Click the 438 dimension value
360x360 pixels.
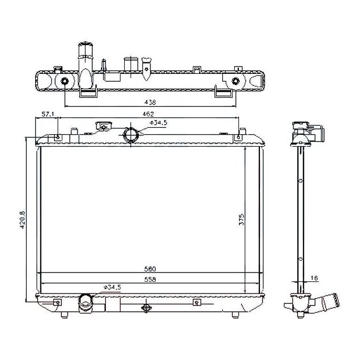[150, 102]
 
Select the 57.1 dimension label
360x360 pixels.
[48, 114]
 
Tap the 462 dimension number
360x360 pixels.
[148, 114]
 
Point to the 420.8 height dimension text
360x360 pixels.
[22, 220]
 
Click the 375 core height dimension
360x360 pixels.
[242, 220]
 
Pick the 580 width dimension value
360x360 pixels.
[150, 269]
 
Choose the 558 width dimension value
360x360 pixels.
[150, 279]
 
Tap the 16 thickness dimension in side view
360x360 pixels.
[314, 278]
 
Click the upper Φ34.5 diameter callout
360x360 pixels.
[158, 123]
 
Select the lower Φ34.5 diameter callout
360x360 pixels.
[112, 287]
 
